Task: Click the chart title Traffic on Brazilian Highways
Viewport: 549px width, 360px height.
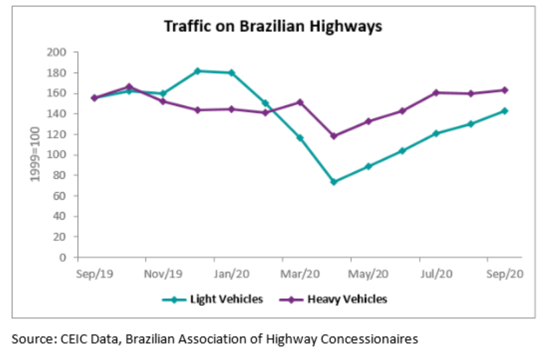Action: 273,27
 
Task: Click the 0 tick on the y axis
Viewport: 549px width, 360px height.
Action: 64,257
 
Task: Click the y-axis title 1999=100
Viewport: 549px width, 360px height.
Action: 35,155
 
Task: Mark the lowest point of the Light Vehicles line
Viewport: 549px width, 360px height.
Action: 334,181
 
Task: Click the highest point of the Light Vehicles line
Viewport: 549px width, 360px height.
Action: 197,70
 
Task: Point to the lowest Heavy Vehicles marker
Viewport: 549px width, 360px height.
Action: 334,135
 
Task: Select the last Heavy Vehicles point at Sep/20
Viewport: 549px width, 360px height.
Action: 504,90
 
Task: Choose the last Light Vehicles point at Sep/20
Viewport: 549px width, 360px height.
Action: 504,111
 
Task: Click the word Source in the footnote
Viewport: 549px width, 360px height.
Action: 30,339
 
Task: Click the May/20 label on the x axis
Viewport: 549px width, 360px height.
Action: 370,273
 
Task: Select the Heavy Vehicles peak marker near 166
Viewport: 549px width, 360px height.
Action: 129,86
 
